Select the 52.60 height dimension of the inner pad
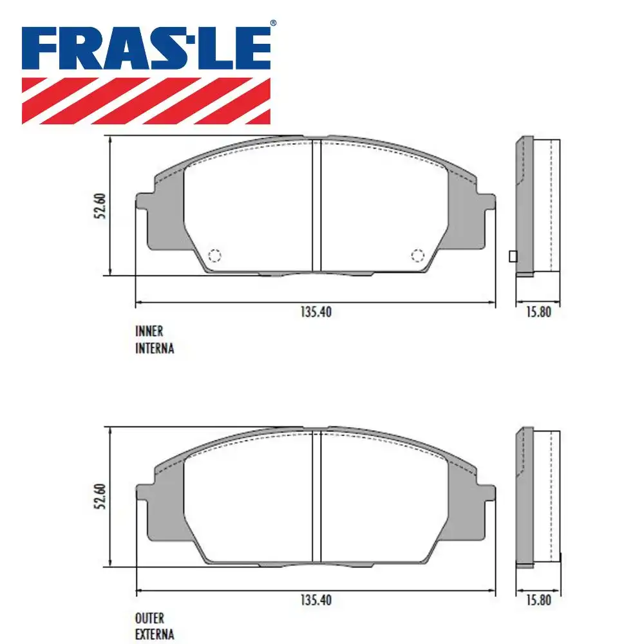click(100, 206)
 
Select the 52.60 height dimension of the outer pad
click(100, 497)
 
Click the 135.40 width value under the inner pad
click(316, 312)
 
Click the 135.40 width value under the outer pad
click(316, 600)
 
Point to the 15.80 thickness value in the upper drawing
click(538, 312)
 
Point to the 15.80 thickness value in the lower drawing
click(538, 600)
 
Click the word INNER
click(149, 332)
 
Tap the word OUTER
click(149, 619)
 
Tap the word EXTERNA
click(155, 635)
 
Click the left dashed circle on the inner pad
click(214, 256)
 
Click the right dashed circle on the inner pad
click(417, 256)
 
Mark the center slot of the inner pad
click(316, 206)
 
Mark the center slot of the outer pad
click(316, 497)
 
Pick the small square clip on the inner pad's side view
click(513, 256)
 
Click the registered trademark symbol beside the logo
click(272, 23)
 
